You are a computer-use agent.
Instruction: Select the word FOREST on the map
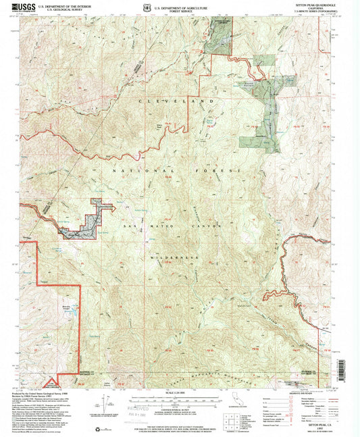point(219,172)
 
